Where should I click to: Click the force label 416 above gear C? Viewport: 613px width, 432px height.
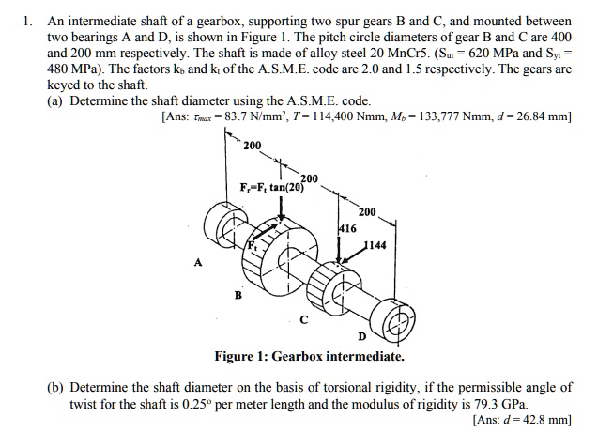pyautogui.click(x=345, y=227)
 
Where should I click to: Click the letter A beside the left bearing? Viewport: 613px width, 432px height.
pyautogui.click(x=197, y=264)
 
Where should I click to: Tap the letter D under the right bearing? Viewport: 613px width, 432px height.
pyautogui.click(x=361, y=337)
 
